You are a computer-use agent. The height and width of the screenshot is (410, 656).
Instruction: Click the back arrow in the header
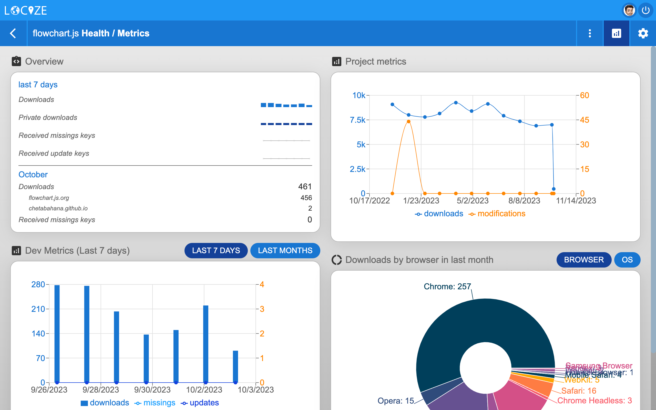[13, 33]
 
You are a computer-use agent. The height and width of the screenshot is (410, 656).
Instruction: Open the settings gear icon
[643, 33]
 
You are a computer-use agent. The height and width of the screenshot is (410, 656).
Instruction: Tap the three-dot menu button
[590, 33]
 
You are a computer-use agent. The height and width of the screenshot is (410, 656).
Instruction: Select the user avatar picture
[629, 11]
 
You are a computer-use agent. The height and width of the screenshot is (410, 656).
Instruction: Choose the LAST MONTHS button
[285, 250]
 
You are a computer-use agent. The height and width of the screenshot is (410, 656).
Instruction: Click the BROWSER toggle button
[584, 260]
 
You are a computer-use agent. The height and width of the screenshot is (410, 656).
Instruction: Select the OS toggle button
[627, 260]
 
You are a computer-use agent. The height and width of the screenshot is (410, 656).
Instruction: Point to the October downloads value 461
[305, 187]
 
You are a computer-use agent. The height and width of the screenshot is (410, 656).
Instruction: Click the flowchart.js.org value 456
[306, 198]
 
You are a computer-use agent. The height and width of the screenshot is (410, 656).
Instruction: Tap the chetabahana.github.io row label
[58, 208]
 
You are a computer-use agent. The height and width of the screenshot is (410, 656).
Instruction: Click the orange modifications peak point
[408, 121]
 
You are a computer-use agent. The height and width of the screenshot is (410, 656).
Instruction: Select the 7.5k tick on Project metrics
[357, 120]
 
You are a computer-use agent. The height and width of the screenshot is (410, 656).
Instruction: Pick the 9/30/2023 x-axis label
[152, 390]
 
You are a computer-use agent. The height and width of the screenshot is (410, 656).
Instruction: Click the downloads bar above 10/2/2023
[206, 344]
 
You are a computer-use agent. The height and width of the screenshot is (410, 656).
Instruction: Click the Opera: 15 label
[395, 401]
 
